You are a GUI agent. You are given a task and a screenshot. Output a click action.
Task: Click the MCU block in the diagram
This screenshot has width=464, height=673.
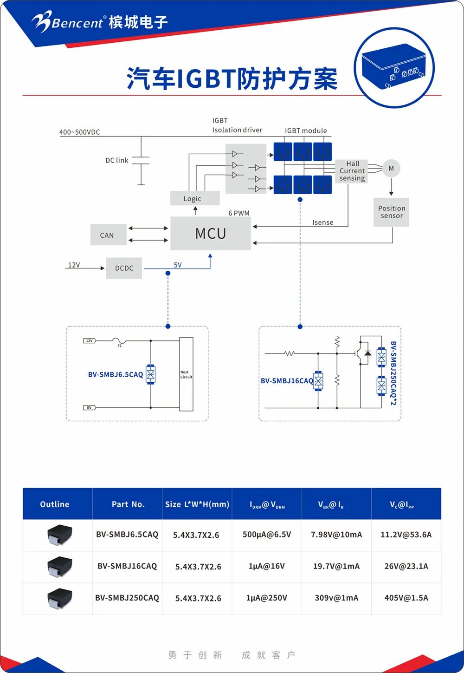(211, 233)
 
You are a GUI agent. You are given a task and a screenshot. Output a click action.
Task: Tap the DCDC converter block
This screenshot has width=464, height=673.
(124, 268)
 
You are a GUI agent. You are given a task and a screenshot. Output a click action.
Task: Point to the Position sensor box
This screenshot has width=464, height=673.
(391, 212)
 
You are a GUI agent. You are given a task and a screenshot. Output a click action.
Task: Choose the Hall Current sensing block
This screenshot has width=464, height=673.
(352, 171)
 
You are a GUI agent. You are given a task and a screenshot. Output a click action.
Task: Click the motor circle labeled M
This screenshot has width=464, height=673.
(391, 169)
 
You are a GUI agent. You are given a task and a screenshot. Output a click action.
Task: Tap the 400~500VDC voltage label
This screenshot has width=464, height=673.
(79, 132)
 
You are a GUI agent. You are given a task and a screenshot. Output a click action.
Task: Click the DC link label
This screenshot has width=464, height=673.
(117, 160)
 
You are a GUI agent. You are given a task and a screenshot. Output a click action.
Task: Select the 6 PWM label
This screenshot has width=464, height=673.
(239, 213)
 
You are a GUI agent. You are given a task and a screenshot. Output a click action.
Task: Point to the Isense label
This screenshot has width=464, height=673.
(323, 222)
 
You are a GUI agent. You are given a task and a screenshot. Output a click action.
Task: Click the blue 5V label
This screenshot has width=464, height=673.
(178, 265)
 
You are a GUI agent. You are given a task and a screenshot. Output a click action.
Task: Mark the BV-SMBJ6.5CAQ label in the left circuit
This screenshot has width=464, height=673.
(116, 374)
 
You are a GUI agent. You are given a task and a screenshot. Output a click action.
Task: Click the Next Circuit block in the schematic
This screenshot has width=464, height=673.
(186, 374)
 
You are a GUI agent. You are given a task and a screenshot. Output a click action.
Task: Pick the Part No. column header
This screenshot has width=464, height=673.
(128, 504)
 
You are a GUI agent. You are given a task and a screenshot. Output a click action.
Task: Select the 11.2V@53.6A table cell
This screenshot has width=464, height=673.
(406, 535)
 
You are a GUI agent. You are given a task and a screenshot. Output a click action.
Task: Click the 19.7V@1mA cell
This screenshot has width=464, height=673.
(336, 566)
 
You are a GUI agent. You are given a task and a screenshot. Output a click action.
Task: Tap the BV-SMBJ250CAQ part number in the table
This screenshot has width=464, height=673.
(127, 598)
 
